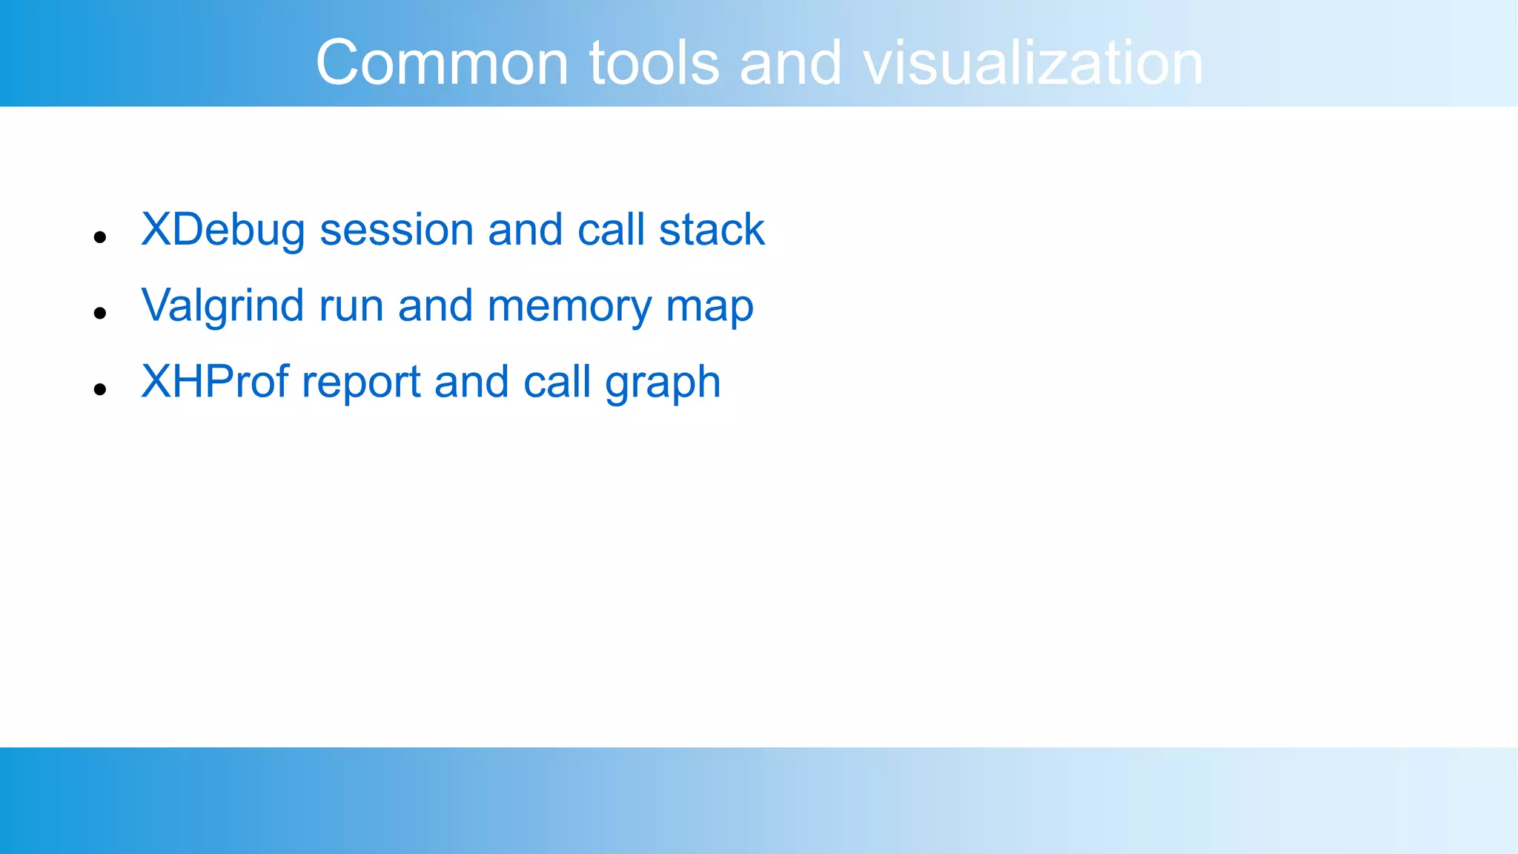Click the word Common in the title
pyautogui.click(x=442, y=63)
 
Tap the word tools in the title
pyautogui.click(x=654, y=63)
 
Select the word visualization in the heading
pyautogui.click(x=1033, y=63)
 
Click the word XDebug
pyautogui.click(x=222, y=231)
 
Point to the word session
pyautogui.click(x=396, y=231)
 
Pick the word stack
pyautogui.click(x=711, y=231)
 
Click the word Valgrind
pyautogui.click(x=222, y=306)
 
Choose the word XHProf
pyautogui.click(x=215, y=383)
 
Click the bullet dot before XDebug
pyautogui.click(x=101, y=238)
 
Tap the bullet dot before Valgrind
pyautogui.click(x=101, y=314)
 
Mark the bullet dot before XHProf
pyautogui.click(x=101, y=390)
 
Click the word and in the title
pyautogui.click(x=790, y=63)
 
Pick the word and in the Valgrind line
pyautogui.click(x=435, y=306)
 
